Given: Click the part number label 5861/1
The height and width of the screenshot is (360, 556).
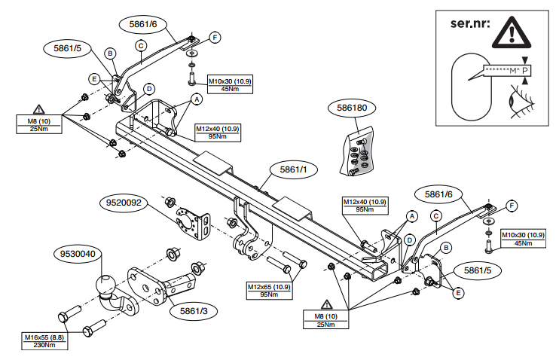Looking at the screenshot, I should [x=293, y=170].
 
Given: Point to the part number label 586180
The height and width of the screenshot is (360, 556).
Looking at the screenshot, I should [x=352, y=108].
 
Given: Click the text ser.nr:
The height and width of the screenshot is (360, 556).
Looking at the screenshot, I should [x=469, y=23].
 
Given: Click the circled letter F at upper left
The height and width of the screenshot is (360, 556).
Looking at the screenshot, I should [x=214, y=37].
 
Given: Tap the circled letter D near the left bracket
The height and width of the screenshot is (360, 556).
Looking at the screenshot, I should [x=149, y=89].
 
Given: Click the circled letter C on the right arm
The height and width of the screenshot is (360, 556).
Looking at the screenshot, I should [x=435, y=217].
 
